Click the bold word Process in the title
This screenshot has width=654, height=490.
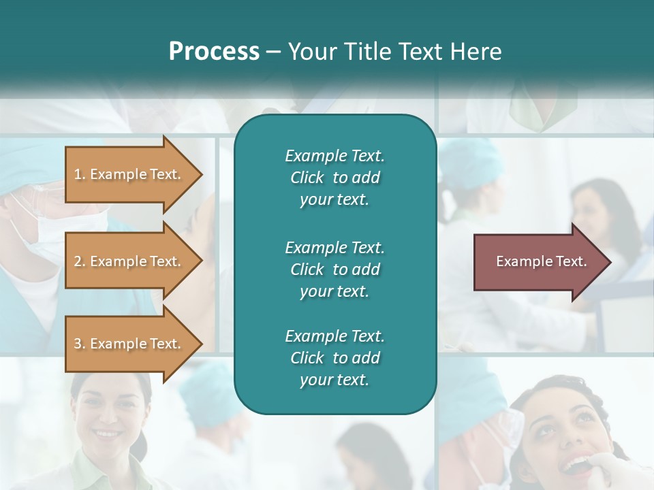pyautogui.click(x=214, y=52)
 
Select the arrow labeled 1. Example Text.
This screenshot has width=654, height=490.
pyautogui.click(x=129, y=174)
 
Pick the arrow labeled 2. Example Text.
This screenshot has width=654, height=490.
pyautogui.click(x=129, y=261)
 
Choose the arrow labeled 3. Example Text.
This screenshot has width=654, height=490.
pyautogui.click(x=129, y=344)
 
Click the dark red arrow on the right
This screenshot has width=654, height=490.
pyautogui.click(x=538, y=261)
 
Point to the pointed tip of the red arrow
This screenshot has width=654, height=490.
pyautogui.click(x=610, y=262)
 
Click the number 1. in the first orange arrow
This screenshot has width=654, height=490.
pyautogui.click(x=80, y=174)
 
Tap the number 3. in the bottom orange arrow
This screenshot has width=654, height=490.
pyautogui.click(x=80, y=344)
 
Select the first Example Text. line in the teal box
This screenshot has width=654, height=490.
pyautogui.click(x=334, y=156)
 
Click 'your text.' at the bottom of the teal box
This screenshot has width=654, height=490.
pyautogui.click(x=334, y=380)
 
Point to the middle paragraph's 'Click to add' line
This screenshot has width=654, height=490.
pyautogui.click(x=334, y=269)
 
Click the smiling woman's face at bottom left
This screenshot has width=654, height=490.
pyautogui.click(x=109, y=415)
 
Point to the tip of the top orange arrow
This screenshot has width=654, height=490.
pyautogui.click(x=202, y=174)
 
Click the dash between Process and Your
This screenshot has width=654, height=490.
pyautogui.click(x=273, y=52)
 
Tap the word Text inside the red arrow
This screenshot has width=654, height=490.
pyautogui.click(x=571, y=261)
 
